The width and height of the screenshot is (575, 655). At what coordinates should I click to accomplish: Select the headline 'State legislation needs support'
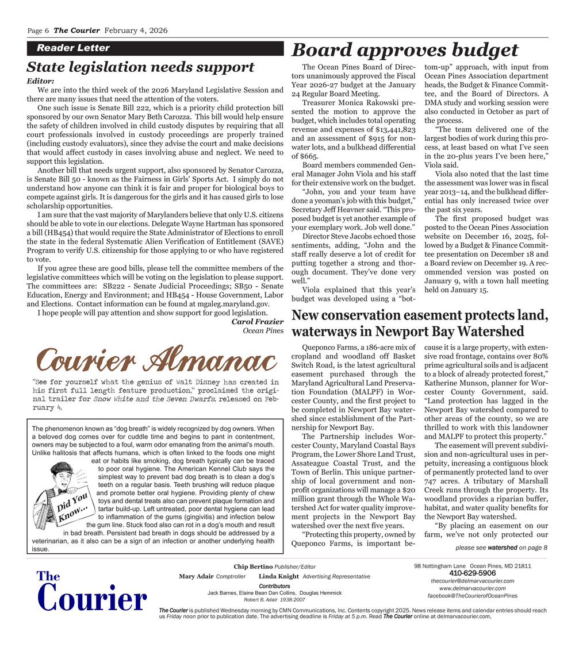coord(141,67)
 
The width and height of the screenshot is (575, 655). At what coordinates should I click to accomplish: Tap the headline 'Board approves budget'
coord(405,51)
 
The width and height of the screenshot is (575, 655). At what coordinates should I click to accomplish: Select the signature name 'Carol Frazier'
coord(258,322)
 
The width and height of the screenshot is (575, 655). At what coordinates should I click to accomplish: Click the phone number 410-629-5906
coord(472,573)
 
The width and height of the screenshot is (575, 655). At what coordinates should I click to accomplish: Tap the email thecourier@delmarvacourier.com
coord(472,581)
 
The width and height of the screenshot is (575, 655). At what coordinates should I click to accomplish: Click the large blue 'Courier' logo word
coord(92,599)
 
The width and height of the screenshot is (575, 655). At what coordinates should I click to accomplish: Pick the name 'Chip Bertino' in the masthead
coord(253,567)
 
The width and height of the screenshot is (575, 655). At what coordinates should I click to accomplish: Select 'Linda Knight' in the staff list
coord(278,576)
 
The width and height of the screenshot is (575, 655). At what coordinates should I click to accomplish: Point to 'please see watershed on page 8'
coord(501,548)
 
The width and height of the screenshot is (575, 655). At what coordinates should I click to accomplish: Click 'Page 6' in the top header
coord(39,30)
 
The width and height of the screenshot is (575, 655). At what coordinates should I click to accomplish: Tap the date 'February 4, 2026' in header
coord(135,30)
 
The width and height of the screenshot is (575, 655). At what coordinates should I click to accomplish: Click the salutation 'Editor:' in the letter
coord(41,81)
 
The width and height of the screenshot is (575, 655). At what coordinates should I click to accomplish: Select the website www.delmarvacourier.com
coord(472,588)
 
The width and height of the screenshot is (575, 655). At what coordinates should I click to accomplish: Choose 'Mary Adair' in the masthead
coord(195,576)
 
